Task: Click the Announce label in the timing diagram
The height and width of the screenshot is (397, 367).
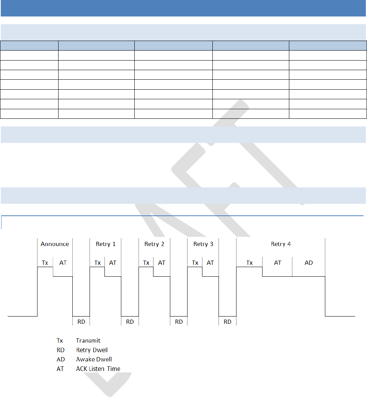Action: (x=55, y=244)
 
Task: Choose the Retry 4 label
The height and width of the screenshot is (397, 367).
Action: (x=281, y=244)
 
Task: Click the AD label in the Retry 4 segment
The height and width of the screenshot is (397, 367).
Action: (x=308, y=263)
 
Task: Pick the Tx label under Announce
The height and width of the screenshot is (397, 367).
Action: (x=45, y=263)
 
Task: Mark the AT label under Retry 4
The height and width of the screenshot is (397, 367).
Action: (x=277, y=263)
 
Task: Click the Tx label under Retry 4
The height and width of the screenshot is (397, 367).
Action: (x=250, y=263)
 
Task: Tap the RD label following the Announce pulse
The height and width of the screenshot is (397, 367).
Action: (x=81, y=322)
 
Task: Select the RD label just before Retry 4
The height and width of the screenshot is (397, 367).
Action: (x=227, y=322)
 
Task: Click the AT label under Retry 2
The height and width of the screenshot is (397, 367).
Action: (x=161, y=263)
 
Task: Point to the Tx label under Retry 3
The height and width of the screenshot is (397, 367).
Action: (x=195, y=263)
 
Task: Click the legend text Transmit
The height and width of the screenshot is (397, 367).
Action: (x=88, y=340)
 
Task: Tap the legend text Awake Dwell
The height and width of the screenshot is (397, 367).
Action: (x=94, y=359)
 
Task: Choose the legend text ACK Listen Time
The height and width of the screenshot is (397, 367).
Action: (x=98, y=369)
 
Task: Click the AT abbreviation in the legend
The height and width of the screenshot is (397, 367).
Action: (x=60, y=369)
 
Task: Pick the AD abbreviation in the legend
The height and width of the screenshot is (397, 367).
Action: (x=60, y=359)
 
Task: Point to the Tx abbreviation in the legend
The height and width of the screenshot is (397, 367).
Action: (x=60, y=340)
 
